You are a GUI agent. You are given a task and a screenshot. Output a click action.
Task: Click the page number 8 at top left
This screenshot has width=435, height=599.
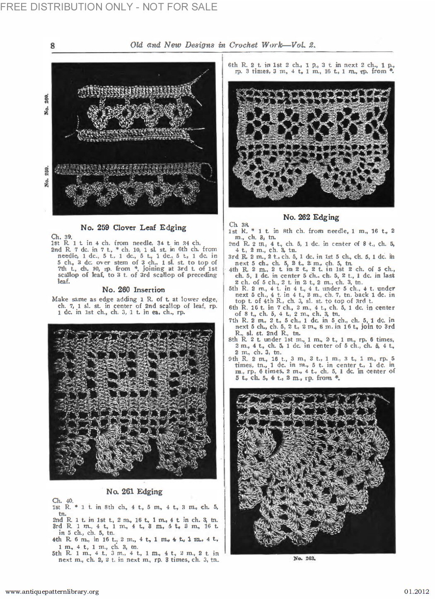pyautogui.click(x=53, y=46)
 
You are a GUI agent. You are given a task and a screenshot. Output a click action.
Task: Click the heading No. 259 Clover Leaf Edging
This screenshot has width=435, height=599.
pyautogui.click(x=133, y=227)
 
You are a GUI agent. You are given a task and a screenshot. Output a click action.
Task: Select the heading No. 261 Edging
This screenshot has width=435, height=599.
pyautogui.click(x=134, y=491)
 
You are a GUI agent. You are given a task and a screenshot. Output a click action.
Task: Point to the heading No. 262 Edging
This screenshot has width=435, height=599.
pyautogui.click(x=311, y=217)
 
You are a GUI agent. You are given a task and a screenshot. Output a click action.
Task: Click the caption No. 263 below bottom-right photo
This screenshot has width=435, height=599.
pyautogui.click(x=302, y=558)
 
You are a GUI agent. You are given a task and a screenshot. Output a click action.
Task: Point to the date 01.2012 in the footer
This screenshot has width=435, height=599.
pyautogui.click(x=416, y=592)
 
